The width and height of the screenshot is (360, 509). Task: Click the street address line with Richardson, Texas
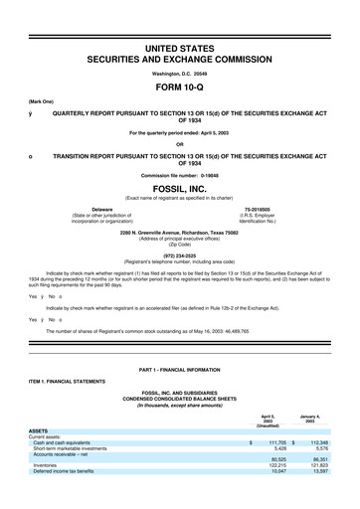click(x=180, y=232)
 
